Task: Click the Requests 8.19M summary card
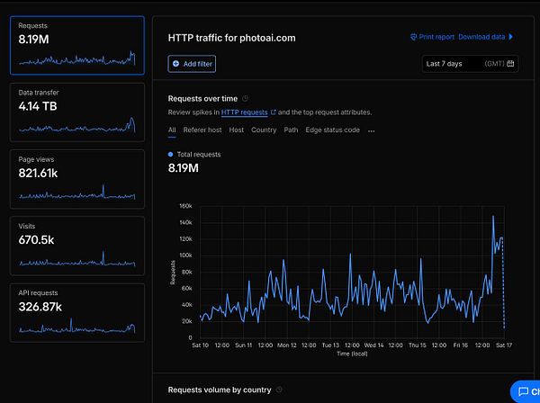click(x=76, y=45)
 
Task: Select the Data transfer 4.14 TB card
click(x=76, y=112)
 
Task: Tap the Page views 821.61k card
click(x=76, y=178)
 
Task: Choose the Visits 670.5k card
click(x=76, y=245)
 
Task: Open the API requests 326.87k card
click(x=76, y=311)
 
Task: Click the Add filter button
click(x=192, y=64)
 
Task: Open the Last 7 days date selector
click(x=470, y=64)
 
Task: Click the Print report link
click(x=432, y=37)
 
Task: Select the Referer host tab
click(x=202, y=130)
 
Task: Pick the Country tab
click(x=264, y=130)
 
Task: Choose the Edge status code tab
click(x=332, y=130)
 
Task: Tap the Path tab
click(x=291, y=130)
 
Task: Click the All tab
click(x=172, y=130)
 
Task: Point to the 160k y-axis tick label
click(x=184, y=206)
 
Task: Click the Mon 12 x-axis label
click(x=287, y=345)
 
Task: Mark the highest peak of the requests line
click(x=493, y=216)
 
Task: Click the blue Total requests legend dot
click(x=171, y=155)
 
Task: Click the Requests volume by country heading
click(x=220, y=390)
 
